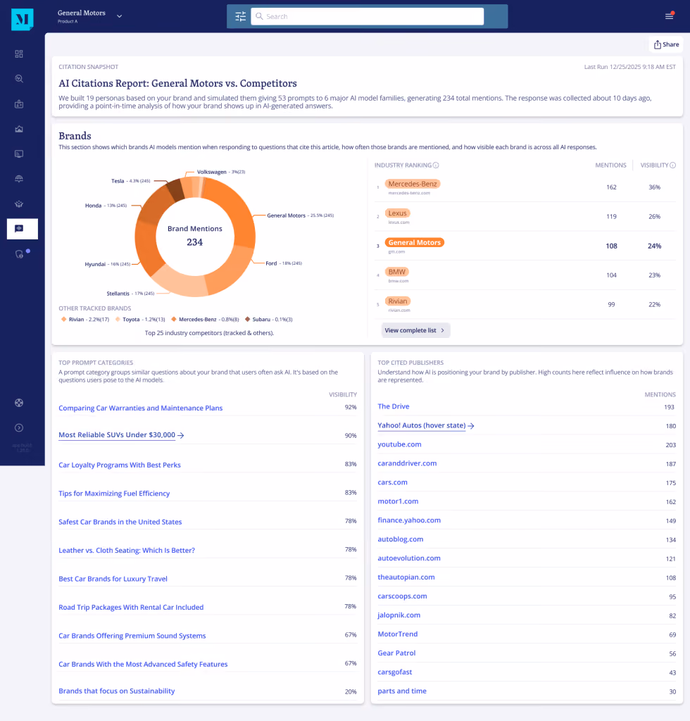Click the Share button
666,44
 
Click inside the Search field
367,17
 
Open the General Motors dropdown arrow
120,16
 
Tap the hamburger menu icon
670,16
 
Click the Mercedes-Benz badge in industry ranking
413,184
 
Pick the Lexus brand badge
397,213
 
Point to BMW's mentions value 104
611,275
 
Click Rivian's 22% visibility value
655,304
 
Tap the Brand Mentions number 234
194,242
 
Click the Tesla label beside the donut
118,181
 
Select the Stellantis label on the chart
118,294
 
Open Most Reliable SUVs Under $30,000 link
117,435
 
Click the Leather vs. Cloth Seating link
127,551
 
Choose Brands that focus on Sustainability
117,691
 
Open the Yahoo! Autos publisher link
422,425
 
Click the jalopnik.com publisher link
399,615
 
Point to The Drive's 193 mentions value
669,407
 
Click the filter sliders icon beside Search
240,17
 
